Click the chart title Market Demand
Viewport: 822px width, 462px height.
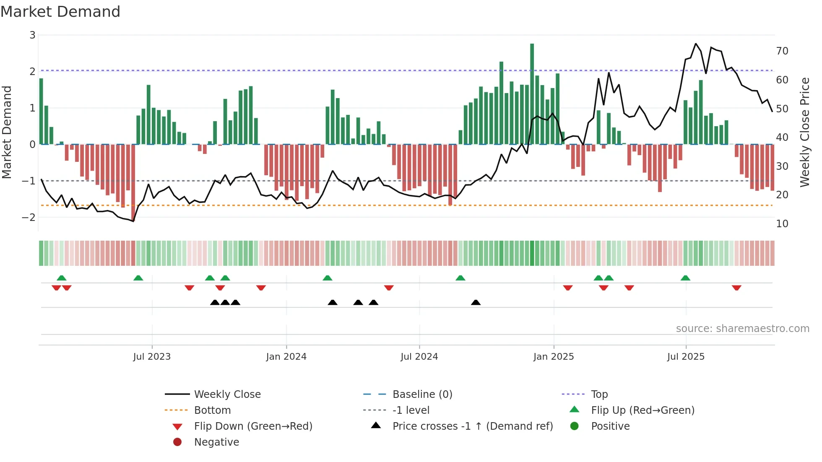coord(60,12)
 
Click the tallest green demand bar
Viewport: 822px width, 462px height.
coord(532,94)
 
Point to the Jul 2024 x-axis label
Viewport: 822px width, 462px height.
coord(419,357)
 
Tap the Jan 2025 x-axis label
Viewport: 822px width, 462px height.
coord(553,357)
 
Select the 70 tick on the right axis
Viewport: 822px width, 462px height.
coord(782,51)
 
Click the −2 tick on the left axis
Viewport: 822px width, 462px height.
coord(29,217)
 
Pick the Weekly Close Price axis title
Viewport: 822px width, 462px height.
coord(804,132)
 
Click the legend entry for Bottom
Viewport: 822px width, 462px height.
coord(212,410)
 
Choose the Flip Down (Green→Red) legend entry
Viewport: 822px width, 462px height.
coord(253,426)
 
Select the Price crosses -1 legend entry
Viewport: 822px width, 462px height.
coord(472,426)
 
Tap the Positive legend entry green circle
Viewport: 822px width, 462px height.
coord(575,426)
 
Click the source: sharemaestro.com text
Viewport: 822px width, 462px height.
coord(742,328)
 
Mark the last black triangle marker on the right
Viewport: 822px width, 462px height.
coord(476,302)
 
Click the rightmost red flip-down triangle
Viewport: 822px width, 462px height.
coord(736,288)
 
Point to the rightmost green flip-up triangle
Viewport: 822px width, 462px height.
coord(685,278)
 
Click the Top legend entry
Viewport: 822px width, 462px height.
coord(599,394)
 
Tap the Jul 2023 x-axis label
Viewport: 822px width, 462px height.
coord(152,357)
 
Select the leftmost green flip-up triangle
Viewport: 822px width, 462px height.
coord(62,278)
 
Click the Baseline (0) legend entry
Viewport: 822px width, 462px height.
coord(422,394)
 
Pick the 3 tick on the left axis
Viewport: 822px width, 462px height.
coord(32,35)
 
